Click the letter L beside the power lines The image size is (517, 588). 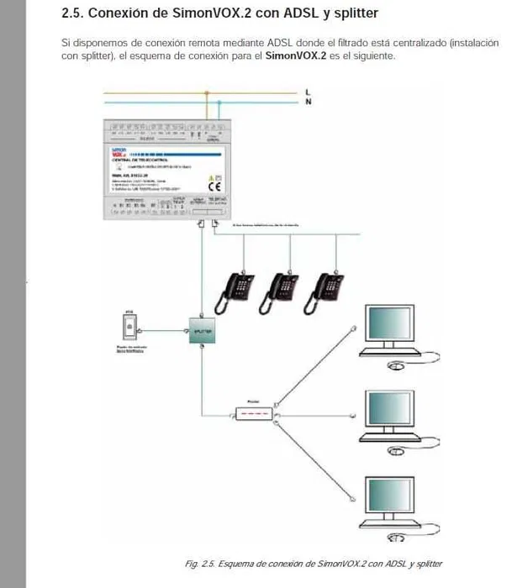click(x=309, y=91)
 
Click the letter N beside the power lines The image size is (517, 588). click(x=309, y=102)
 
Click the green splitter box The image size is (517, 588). click(x=202, y=332)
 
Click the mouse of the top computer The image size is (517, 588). click(x=396, y=366)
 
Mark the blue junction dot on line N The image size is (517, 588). click(x=219, y=102)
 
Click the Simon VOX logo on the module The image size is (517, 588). click(x=119, y=152)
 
